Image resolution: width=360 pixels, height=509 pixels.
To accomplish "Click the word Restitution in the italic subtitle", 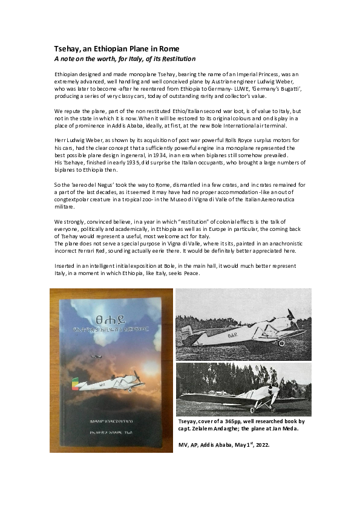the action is (x=175, y=59).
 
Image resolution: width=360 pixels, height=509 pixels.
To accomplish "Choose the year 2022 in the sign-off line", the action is (x=260, y=445).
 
